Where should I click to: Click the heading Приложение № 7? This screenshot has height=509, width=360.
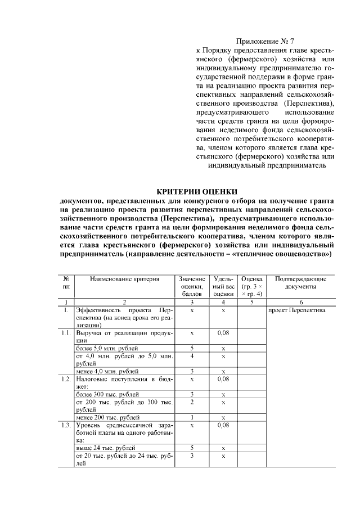click(265, 41)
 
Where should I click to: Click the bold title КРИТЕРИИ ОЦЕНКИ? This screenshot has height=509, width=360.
click(196, 191)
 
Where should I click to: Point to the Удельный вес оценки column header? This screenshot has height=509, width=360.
click(223, 286)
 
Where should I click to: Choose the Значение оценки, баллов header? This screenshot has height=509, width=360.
click(192, 286)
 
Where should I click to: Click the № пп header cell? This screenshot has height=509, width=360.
click(66, 282)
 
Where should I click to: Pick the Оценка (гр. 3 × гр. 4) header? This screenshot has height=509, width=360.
click(251, 286)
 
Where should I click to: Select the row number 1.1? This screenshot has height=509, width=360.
click(66, 334)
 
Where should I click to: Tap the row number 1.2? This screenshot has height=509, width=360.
click(66, 380)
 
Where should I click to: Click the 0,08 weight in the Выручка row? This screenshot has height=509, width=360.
click(223, 334)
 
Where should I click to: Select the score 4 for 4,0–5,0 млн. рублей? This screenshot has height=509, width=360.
click(192, 356)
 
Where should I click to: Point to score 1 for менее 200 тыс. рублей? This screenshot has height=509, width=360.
click(192, 417)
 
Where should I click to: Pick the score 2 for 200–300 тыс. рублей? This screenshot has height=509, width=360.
click(192, 402)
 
